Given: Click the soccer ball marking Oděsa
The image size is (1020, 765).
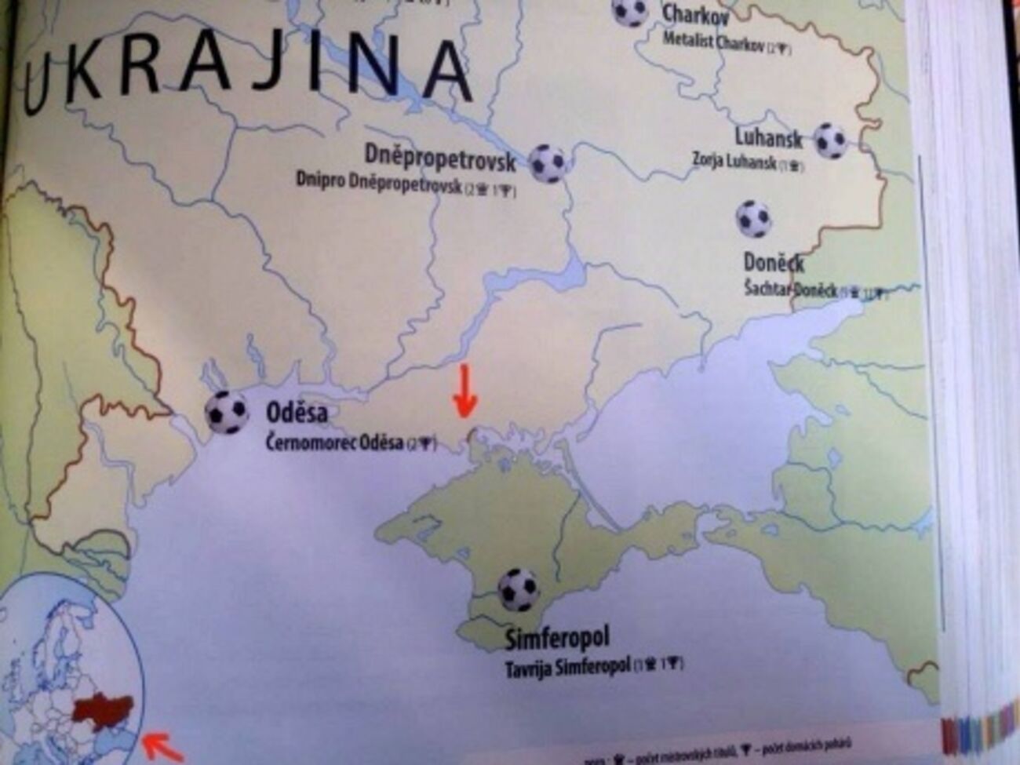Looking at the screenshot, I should pos(226,413).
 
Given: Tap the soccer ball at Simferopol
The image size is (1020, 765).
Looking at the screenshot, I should pos(519,590).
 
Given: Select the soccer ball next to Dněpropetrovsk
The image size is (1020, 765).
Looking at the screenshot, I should pos(548,163).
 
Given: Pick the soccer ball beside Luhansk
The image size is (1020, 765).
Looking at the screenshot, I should pos(829,141).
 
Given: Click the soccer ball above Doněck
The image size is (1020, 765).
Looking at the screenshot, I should pos(753,219).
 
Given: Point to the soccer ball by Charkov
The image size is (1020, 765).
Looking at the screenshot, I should pos(629,11).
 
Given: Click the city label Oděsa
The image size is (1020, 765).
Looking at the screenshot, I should pos(297,413).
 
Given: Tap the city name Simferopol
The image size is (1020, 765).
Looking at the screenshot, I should pos(556,639).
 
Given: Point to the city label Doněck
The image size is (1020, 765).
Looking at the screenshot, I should pos(774,263).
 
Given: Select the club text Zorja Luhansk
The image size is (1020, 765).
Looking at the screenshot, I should pos(734,162).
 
